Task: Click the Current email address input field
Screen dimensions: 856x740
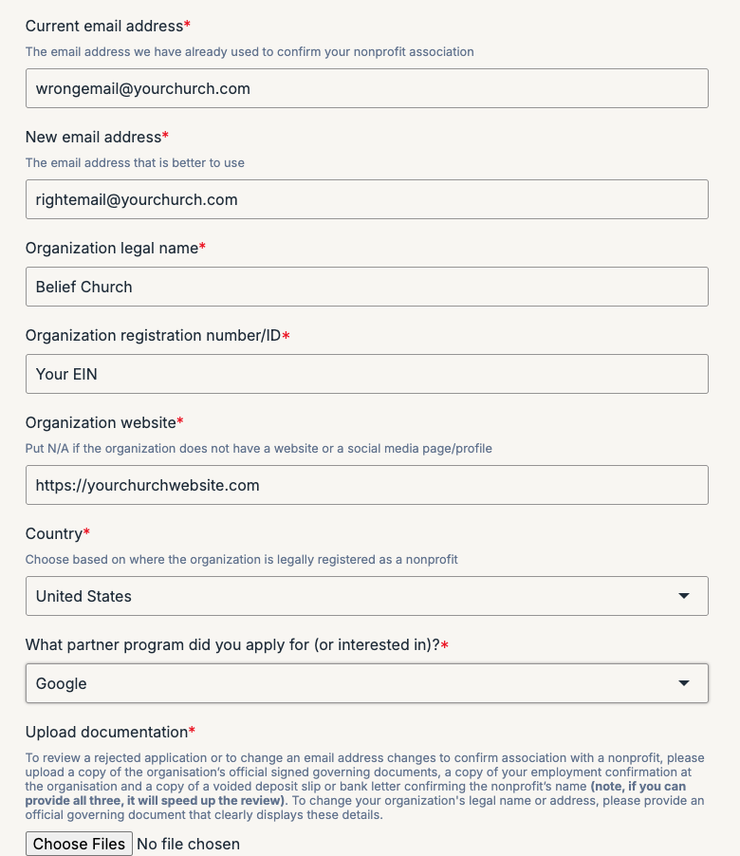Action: pyautogui.click(x=366, y=88)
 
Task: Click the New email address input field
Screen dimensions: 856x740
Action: pyautogui.click(x=366, y=199)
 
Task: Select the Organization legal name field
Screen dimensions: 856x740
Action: pyautogui.click(x=366, y=287)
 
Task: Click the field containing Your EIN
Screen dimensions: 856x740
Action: pyautogui.click(x=366, y=374)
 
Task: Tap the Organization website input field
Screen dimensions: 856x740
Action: pyautogui.click(x=366, y=485)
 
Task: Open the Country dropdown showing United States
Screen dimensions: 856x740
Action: pyautogui.click(x=366, y=596)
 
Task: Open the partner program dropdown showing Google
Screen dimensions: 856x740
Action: pyautogui.click(x=366, y=683)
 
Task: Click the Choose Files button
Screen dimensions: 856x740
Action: pyautogui.click(x=79, y=844)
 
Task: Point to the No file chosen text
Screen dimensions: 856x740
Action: pyautogui.click(x=188, y=844)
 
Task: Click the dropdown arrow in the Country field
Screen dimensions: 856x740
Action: pyautogui.click(x=683, y=596)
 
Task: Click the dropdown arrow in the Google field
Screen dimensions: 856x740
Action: pyautogui.click(x=683, y=683)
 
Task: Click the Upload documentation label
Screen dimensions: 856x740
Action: pyautogui.click(x=106, y=732)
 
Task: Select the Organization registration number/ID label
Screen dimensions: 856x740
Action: pyautogui.click(x=153, y=335)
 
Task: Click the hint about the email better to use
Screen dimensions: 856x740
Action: pyautogui.click(x=135, y=162)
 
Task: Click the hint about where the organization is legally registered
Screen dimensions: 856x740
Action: pyautogui.click(x=241, y=559)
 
